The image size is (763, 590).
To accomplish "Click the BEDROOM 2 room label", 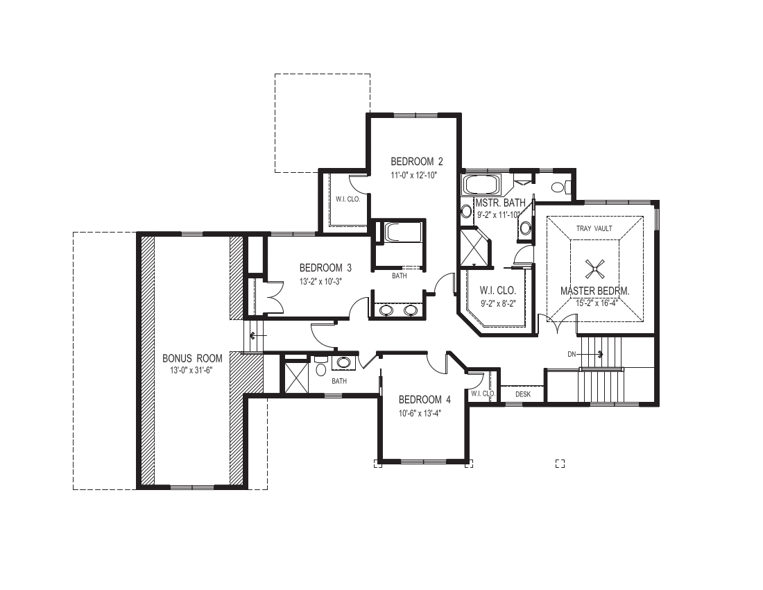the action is (x=417, y=161).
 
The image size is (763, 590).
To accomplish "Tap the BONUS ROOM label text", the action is (x=192, y=358).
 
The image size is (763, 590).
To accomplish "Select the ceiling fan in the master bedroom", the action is (x=595, y=268).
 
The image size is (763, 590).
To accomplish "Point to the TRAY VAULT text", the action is (x=594, y=228).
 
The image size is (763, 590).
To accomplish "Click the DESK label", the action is (x=523, y=394).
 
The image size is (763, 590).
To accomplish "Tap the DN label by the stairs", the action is (x=572, y=354).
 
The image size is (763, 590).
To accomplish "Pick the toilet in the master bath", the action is (x=559, y=187).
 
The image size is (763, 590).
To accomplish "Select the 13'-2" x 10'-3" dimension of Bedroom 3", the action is (x=325, y=281).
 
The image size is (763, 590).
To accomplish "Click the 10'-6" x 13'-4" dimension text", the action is (x=422, y=414).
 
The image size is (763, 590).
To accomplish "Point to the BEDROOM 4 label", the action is (x=425, y=400).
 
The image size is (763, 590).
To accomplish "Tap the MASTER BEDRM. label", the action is (x=595, y=291).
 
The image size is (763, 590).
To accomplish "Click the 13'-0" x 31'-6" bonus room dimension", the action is (x=192, y=370).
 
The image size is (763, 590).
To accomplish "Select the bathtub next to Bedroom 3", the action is (x=400, y=233).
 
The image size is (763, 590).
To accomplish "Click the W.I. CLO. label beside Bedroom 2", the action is (x=348, y=199).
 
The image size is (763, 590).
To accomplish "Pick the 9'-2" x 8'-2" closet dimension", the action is (x=498, y=303).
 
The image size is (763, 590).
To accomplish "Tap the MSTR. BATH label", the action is (x=500, y=203).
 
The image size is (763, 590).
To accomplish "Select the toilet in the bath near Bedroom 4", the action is (x=320, y=367).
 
